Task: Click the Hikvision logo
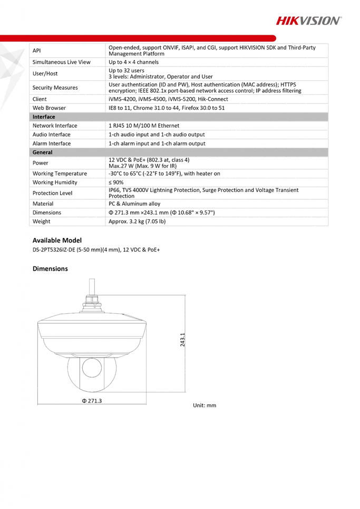point(309,21)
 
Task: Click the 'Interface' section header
point(44,117)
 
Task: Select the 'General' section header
point(43,152)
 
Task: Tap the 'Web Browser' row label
point(49,108)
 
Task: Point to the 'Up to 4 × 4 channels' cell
point(134,62)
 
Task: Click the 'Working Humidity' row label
point(55,183)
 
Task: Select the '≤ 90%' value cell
point(116,183)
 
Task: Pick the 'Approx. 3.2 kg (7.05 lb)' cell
point(137,222)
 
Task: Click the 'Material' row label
point(43,204)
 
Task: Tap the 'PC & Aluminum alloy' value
point(134,204)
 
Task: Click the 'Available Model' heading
point(57,240)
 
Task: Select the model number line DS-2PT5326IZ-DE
point(96,249)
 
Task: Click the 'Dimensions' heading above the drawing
point(50,268)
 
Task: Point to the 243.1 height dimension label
point(182,340)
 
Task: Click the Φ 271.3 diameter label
point(92,401)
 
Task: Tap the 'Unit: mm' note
point(205,405)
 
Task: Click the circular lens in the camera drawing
point(92,368)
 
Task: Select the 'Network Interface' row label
point(55,126)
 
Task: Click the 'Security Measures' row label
point(55,88)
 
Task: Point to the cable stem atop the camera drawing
point(92,287)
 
